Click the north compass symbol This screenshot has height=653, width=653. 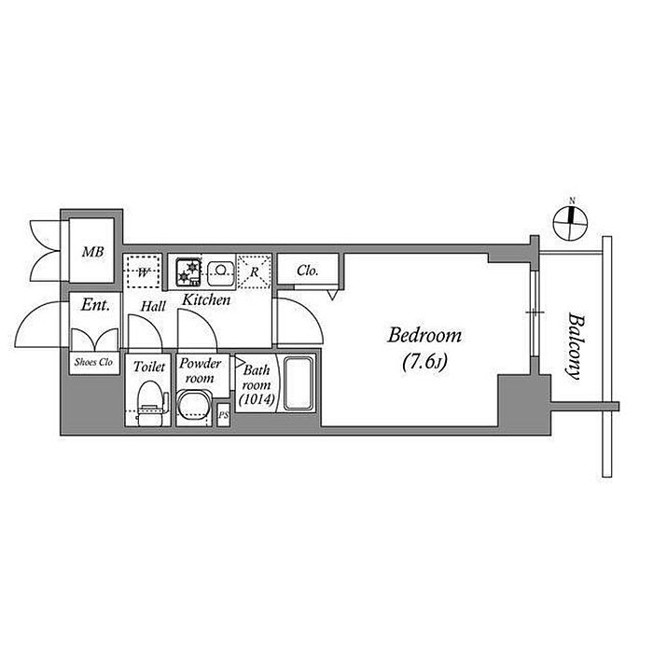pos(572,220)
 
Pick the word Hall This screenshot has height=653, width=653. pos(154,305)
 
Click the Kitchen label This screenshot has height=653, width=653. pos(206,300)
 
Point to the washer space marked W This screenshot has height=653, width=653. pos(144,272)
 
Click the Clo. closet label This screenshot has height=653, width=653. pos(308,271)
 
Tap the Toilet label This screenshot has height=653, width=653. pos(149,368)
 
